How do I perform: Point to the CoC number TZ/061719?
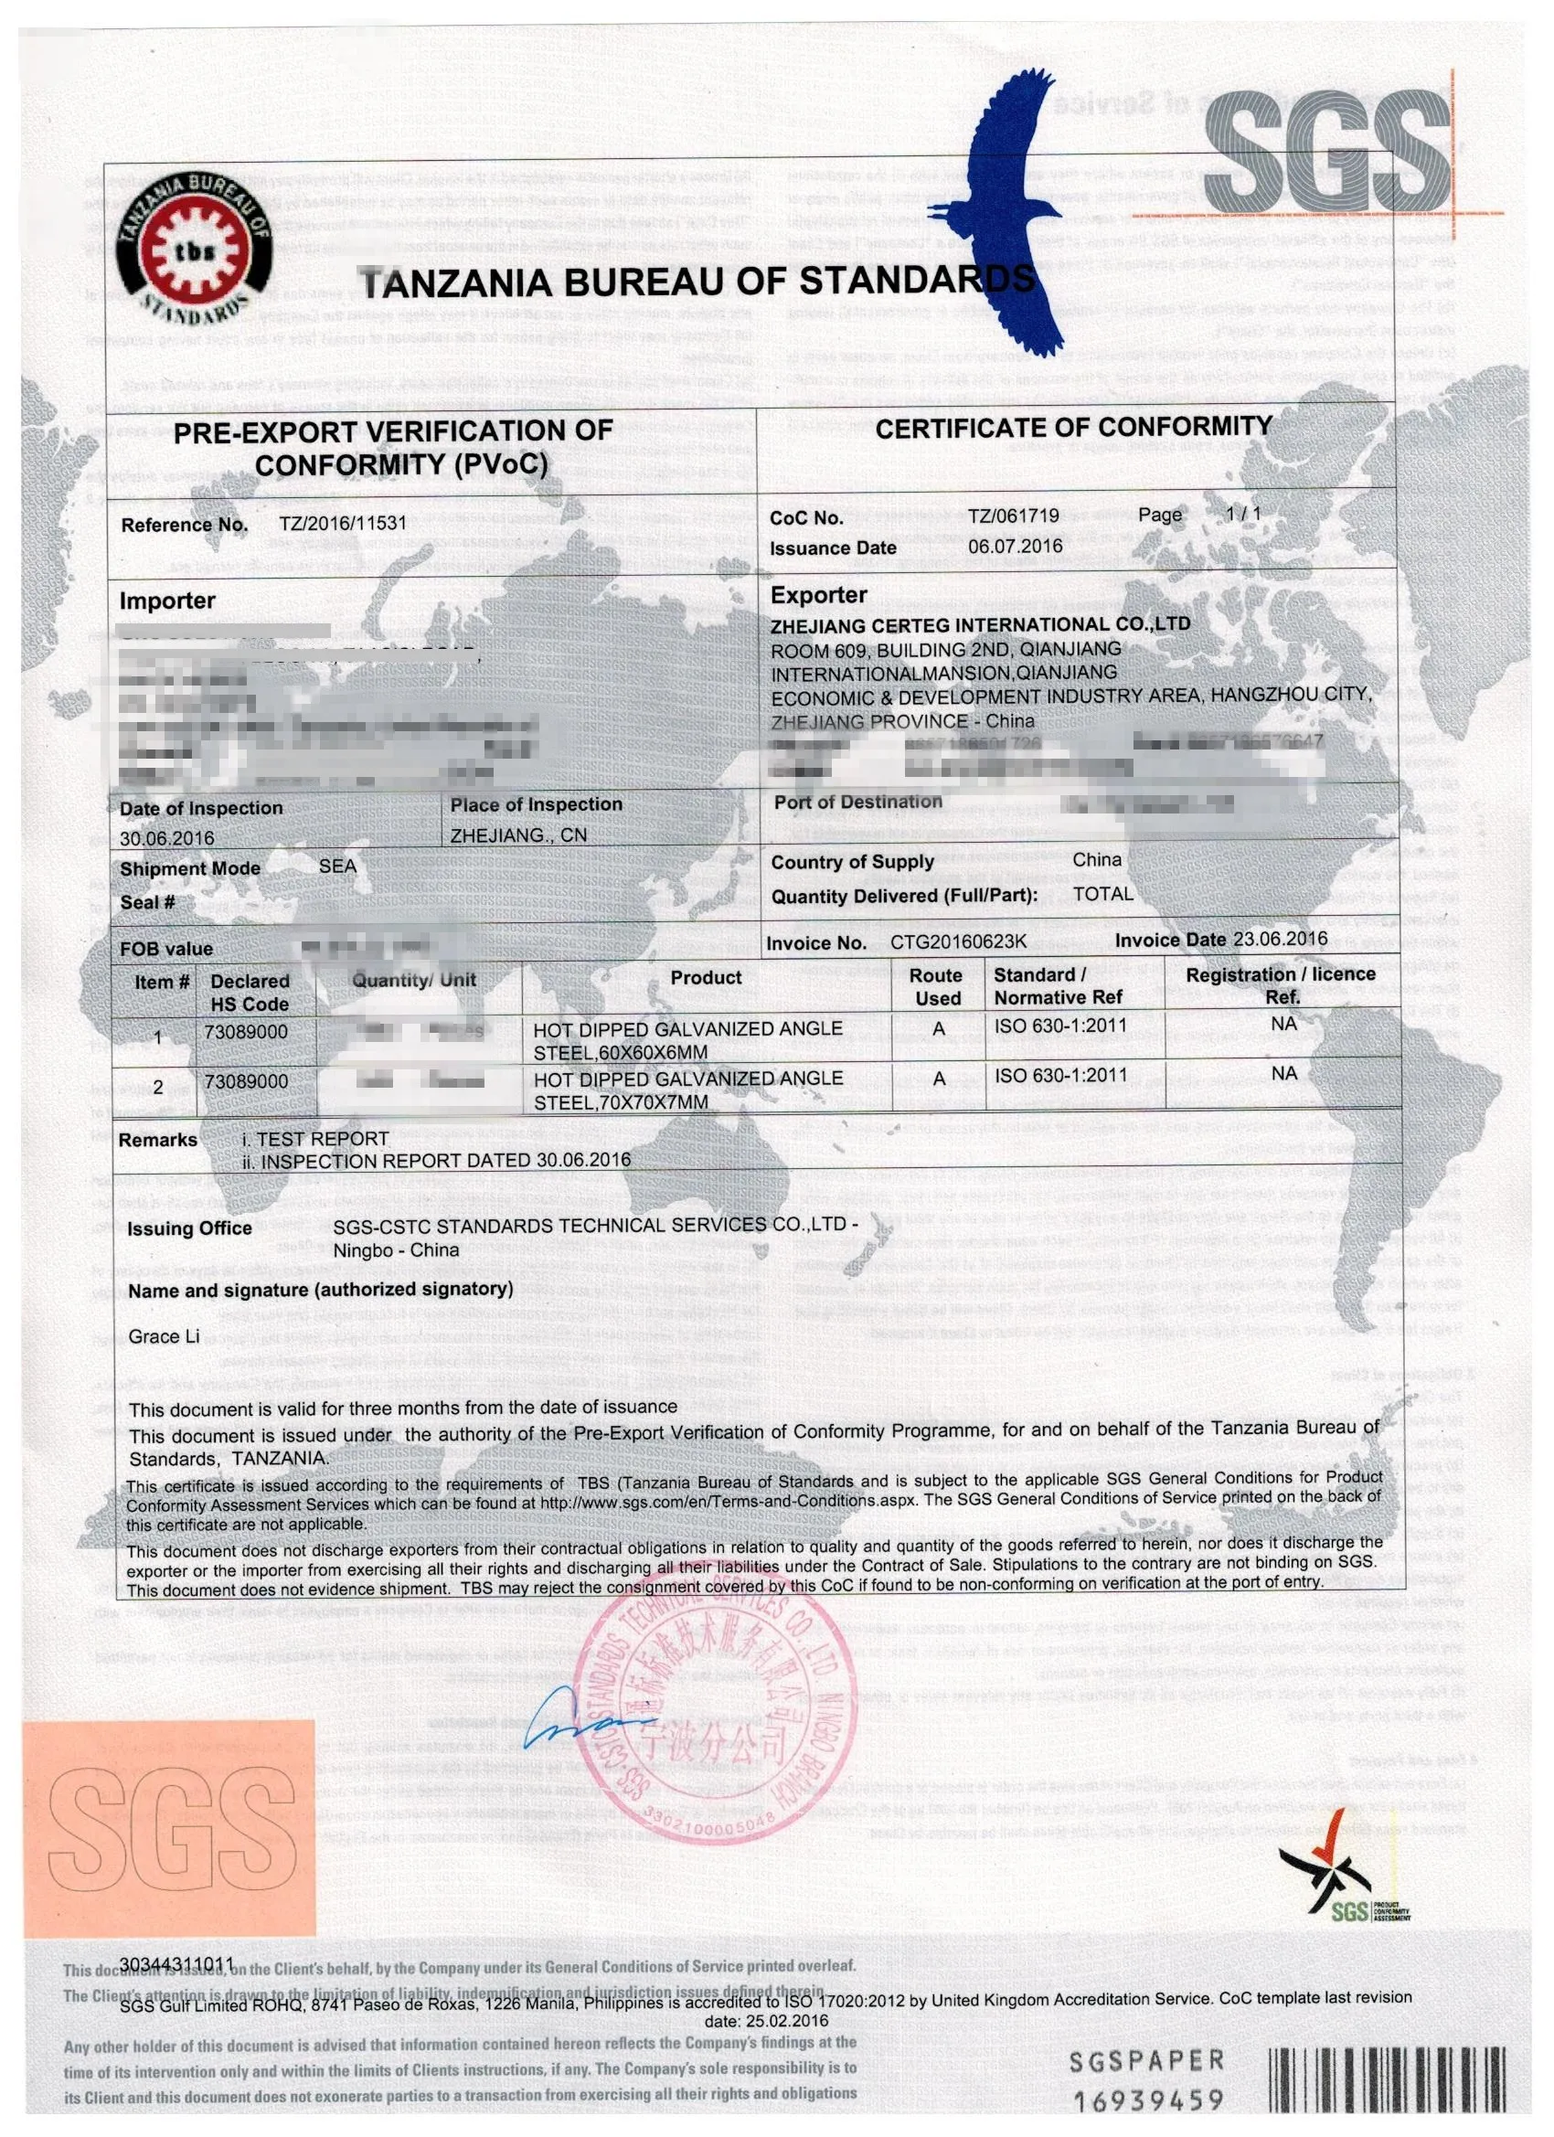coord(1013,516)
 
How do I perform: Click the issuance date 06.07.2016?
coord(1015,546)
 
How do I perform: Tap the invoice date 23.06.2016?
coord(1280,939)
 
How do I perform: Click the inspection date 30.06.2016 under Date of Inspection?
coord(166,837)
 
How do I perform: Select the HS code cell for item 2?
coord(246,1081)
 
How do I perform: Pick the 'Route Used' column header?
coord(938,986)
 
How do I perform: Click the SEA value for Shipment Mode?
coord(337,865)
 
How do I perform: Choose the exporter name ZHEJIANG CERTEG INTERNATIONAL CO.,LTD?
coord(980,624)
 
